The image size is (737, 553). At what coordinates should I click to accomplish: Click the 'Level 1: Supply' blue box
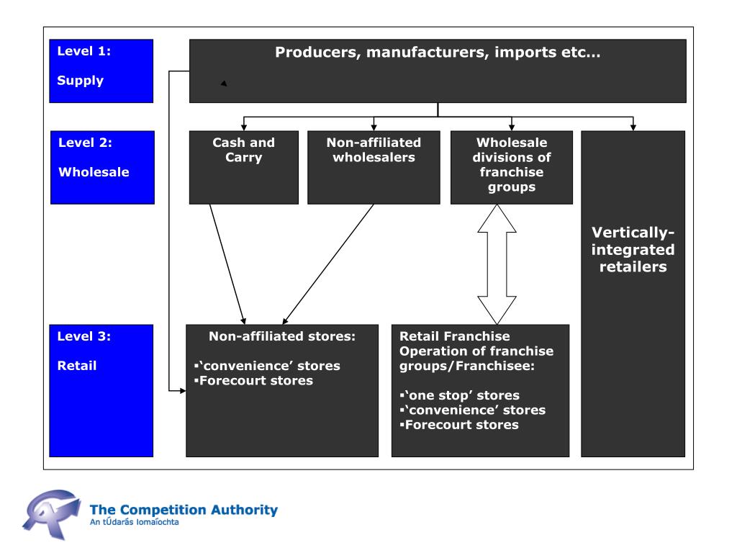pos(101,71)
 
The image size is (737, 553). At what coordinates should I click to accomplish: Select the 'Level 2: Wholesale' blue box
pos(102,167)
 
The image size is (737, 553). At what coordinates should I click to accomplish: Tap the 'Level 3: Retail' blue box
pos(101,391)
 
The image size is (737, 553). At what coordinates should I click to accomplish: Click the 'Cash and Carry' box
pos(244,167)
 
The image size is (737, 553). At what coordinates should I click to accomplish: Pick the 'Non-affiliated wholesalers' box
pos(374,167)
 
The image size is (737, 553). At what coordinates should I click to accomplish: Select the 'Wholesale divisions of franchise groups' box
pos(512,167)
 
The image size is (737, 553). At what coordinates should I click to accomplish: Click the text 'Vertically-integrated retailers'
pos(633,250)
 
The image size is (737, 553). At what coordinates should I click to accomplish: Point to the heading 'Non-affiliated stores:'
pos(282,336)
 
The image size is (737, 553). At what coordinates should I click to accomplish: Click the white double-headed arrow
pos(497,264)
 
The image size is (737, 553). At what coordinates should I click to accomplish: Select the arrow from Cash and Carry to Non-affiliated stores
pos(227,264)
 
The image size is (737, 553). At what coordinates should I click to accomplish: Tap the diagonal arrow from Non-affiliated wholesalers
pos(328,264)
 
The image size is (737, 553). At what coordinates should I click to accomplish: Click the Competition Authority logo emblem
pos(51,514)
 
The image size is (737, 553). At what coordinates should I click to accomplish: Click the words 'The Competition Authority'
pos(184,510)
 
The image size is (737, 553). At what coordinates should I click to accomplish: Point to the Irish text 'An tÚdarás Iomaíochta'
pos(135,522)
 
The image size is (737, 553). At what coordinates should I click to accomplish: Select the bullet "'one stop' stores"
pos(460,395)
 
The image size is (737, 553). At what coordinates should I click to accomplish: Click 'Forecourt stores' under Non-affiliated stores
pos(254,380)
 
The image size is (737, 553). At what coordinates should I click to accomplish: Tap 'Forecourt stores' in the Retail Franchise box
pos(459,425)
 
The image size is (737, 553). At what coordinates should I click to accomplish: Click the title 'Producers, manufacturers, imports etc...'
pos(438,52)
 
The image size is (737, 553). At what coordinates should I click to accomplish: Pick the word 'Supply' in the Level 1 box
pos(81,81)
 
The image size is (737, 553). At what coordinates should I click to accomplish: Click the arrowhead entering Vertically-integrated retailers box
pos(633,127)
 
